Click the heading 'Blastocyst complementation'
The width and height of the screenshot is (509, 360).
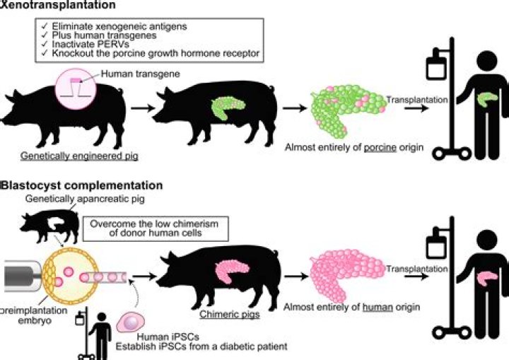pos(81,185)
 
